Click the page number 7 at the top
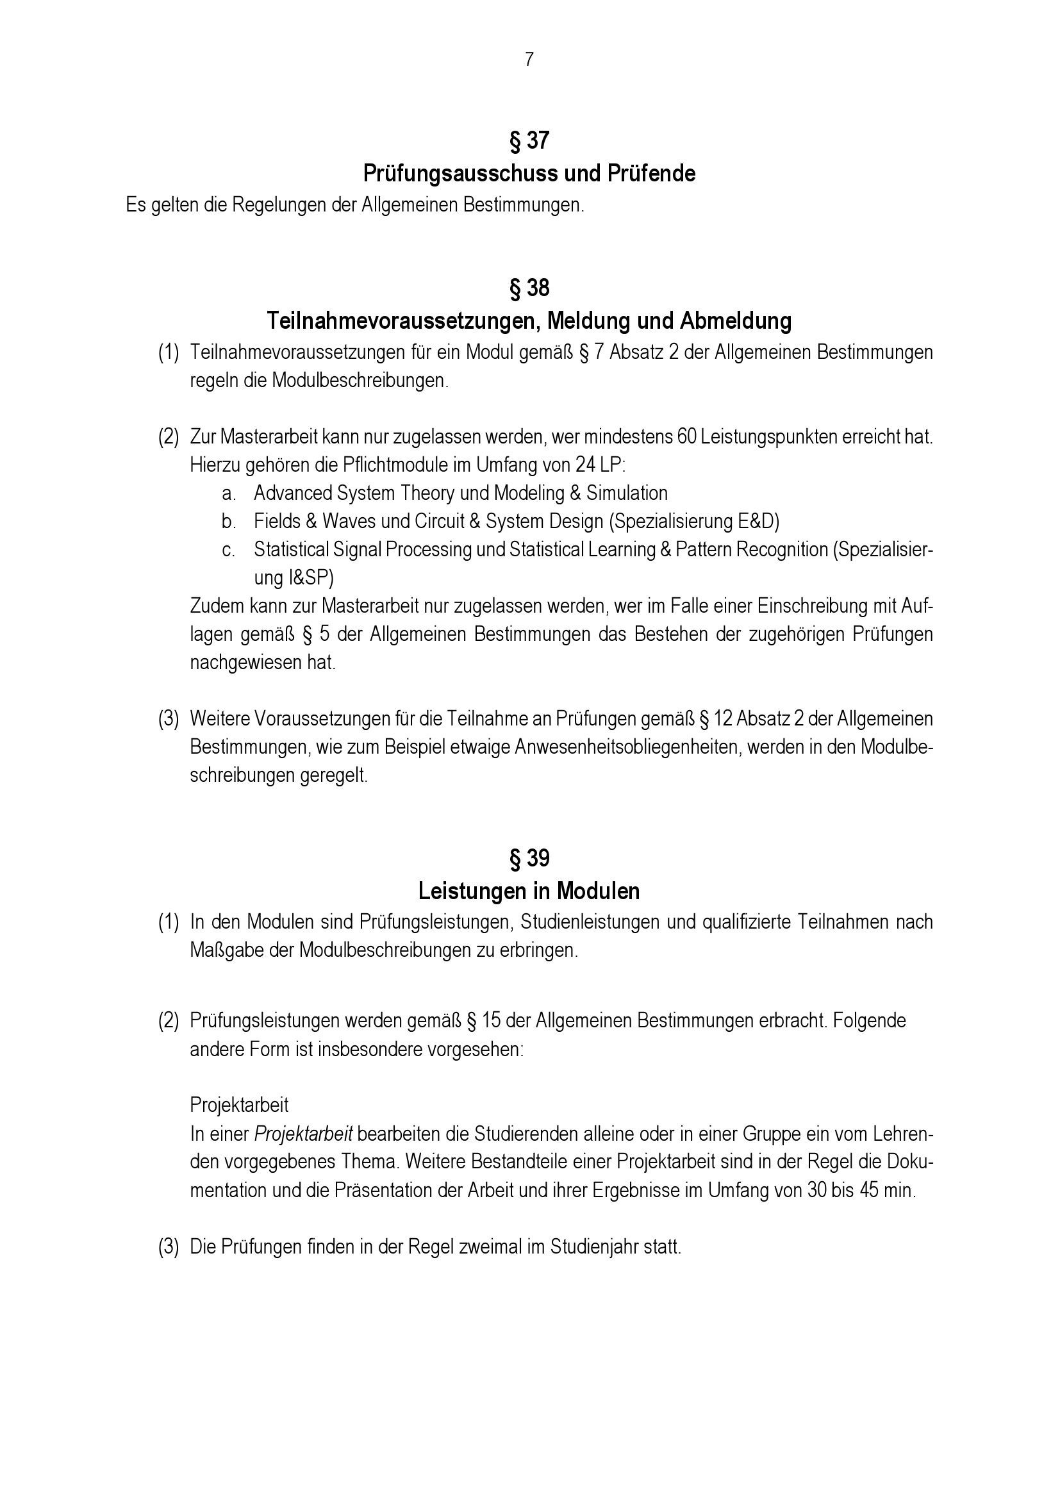tap(529, 60)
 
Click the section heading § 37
tap(529, 140)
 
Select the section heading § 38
tap(529, 288)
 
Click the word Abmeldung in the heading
tap(736, 321)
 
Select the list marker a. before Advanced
tap(228, 493)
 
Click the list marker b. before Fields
tap(228, 522)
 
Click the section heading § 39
tap(529, 859)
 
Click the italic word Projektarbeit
tap(304, 1134)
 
